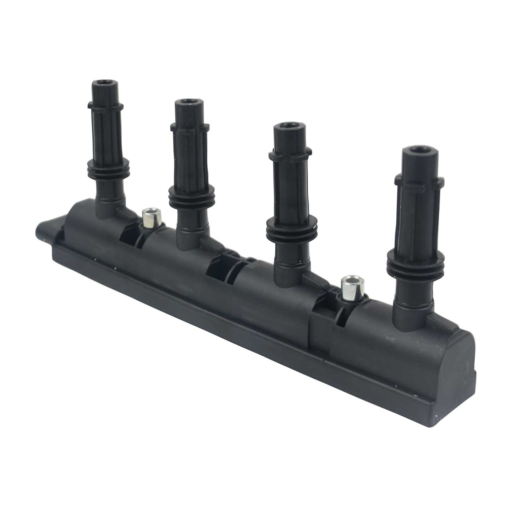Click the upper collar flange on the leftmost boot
pos(105,106)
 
